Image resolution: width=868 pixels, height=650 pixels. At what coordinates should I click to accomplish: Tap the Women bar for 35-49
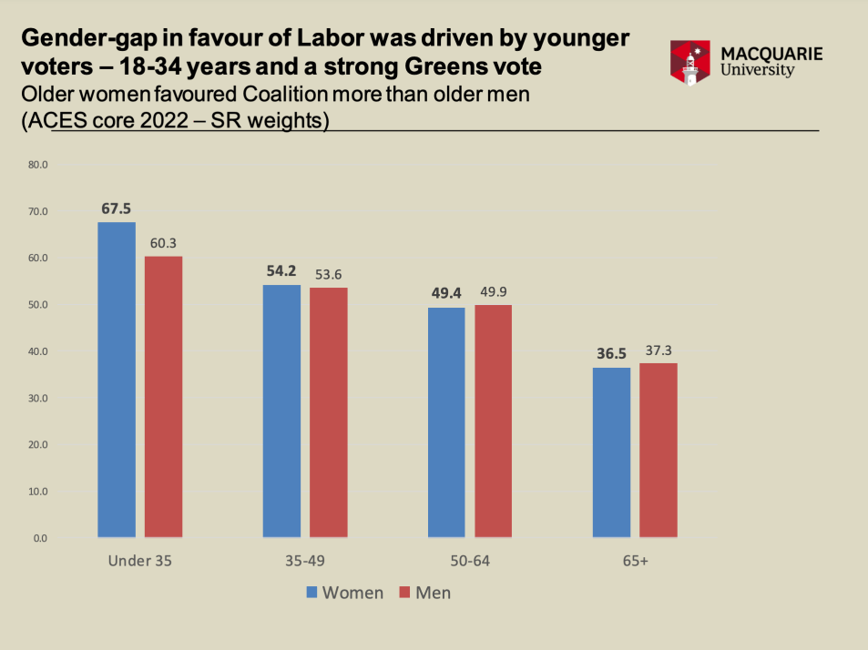click(281, 411)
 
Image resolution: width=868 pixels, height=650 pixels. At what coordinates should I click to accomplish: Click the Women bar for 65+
click(611, 452)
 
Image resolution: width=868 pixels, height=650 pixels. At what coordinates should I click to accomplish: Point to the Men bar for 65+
click(658, 450)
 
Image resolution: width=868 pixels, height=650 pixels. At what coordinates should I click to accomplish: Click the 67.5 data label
click(117, 209)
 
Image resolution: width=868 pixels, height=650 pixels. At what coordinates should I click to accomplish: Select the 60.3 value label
click(163, 243)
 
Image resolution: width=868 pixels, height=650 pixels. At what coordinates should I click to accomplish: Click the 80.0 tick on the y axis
click(37, 165)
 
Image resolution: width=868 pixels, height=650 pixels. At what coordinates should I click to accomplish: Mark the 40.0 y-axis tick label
click(37, 351)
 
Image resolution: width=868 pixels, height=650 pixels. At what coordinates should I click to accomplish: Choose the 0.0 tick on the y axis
click(41, 538)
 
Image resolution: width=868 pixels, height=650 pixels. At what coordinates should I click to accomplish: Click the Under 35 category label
click(139, 562)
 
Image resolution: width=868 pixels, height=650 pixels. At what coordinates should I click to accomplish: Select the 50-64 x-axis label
click(470, 562)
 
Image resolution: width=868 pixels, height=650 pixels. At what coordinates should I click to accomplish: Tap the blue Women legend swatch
click(311, 593)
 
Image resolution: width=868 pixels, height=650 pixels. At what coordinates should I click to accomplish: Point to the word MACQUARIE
click(771, 53)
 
